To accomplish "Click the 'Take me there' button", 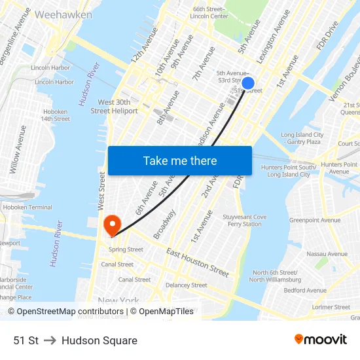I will [179, 161].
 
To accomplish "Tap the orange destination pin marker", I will [113, 225].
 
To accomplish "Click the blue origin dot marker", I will [248, 83].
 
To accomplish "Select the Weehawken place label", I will [63, 14].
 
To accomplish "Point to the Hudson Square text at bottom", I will [99, 340].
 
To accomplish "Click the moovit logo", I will [320, 339].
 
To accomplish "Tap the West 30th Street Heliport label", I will [114, 106].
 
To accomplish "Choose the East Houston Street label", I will [198, 262].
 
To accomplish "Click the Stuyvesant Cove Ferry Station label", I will [245, 221].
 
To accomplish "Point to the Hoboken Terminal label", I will [27, 207].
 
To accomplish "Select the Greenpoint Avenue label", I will [315, 220].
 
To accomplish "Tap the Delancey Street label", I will [187, 285].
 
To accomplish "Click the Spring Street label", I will [126, 249].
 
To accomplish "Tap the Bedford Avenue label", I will [304, 290].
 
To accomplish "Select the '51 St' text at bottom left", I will [26, 340].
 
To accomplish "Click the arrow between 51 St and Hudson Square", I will [50, 340].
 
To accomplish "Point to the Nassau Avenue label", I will [327, 254].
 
